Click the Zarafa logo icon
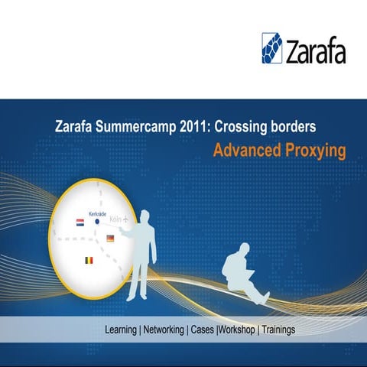pyautogui.click(x=272, y=47)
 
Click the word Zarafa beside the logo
pyautogui.click(x=316, y=52)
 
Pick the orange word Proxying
pyautogui.click(x=313, y=150)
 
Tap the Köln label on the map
pyautogui.click(x=116, y=219)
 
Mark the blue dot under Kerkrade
pyautogui.click(x=97, y=222)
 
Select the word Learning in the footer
pyautogui.click(x=121, y=330)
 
